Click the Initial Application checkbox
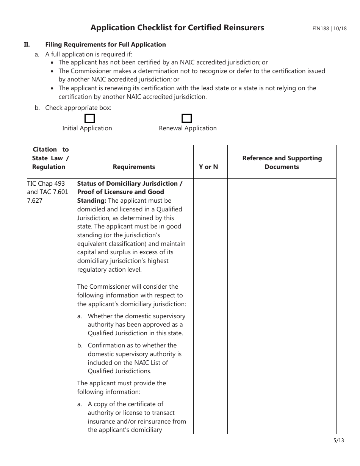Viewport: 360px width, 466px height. (x=89, y=119)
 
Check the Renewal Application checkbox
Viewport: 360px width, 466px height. (x=186, y=118)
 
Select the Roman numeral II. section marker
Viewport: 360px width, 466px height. (x=27, y=44)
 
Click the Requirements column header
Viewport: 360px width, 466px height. (x=134, y=167)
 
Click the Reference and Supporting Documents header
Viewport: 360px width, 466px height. (x=282, y=163)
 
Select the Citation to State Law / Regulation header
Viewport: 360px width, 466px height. (x=50, y=158)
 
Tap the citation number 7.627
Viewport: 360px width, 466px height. (x=35, y=200)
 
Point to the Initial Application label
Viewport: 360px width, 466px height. (x=87, y=128)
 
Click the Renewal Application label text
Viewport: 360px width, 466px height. (x=188, y=128)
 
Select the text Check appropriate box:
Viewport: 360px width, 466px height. (x=78, y=108)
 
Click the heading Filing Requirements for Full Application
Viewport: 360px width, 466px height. (x=105, y=44)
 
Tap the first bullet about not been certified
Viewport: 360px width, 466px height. (x=163, y=62)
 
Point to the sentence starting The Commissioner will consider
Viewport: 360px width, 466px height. (x=128, y=286)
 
